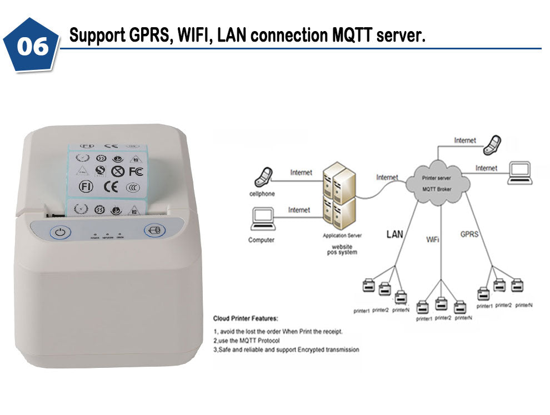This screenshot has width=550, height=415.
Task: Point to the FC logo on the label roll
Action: tap(136, 171)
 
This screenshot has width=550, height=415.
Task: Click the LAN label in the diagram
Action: tap(394, 235)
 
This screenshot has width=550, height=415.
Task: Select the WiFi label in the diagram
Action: tap(434, 240)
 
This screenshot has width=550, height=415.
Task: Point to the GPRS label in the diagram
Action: tap(469, 234)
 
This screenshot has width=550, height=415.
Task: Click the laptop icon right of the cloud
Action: tap(520, 173)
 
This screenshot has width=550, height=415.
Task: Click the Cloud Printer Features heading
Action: tap(246, 318)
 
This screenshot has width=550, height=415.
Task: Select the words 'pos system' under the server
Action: tap(342, 252)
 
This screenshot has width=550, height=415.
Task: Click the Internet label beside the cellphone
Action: tap(301, 173)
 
